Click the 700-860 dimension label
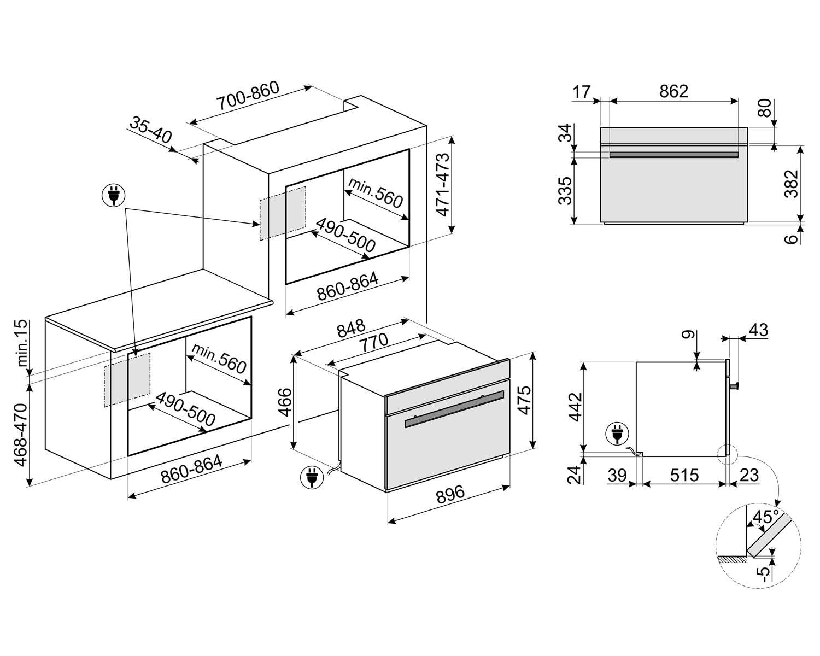[x=248, y=96]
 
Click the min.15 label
[x=21, y=343]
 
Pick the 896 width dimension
[x=450, y=494]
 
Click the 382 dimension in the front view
[x=791, y=184]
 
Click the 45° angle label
[x=765, y=517]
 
